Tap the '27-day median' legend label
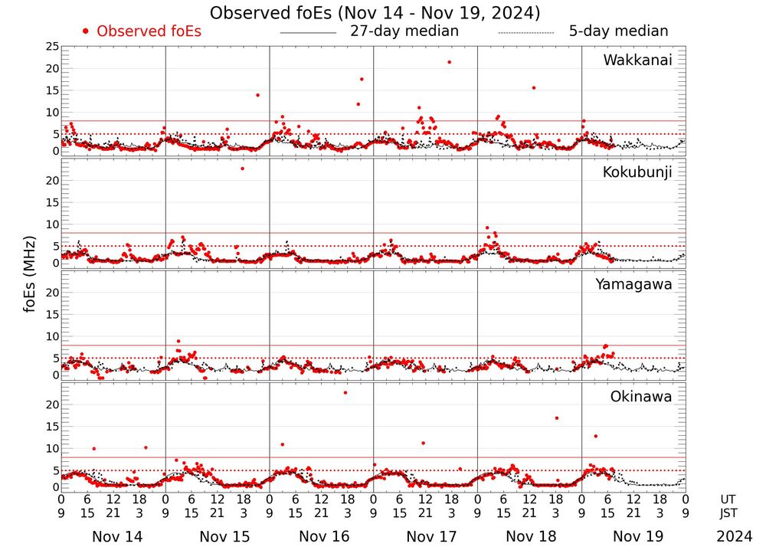(404, 31)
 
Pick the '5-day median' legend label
(618, 31)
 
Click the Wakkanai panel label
(637, 61)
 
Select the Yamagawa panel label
(633, 284)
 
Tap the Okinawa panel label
(640, 397)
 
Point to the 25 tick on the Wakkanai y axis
(52, 47)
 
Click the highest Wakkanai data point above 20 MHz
(449, 62)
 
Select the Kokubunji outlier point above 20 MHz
(243, 169)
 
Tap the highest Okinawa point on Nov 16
(345, 392)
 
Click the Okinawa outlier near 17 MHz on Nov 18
(556, 418)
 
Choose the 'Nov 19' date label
(633, 536)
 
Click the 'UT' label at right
(728, 500)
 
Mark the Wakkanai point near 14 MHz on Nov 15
(257, 95)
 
